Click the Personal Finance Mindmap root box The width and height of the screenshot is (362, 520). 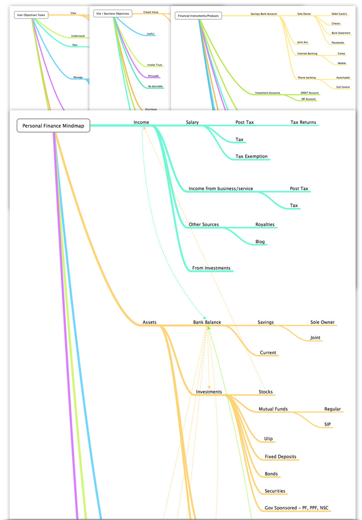(54, 125)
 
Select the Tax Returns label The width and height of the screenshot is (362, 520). (303, 122)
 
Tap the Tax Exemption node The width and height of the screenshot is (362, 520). (251, 157)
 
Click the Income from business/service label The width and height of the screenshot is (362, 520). (220, 189)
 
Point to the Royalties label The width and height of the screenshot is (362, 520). (264, 225)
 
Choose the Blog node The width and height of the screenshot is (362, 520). (260, 242)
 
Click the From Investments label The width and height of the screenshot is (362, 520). (211, 268)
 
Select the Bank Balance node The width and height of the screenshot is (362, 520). (207, 322)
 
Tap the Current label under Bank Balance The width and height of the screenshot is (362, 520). (268, 353)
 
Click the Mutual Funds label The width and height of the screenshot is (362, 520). (273, 409)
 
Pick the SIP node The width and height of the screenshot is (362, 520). (327, 425)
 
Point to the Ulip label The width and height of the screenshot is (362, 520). (269, 439)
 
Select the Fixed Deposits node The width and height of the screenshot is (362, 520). (280, 457)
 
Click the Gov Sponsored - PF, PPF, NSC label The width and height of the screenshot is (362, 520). (296, 508)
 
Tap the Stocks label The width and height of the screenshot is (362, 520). (265, 392)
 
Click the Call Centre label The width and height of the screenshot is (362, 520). (342, 87)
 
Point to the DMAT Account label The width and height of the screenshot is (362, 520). (309, 93)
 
